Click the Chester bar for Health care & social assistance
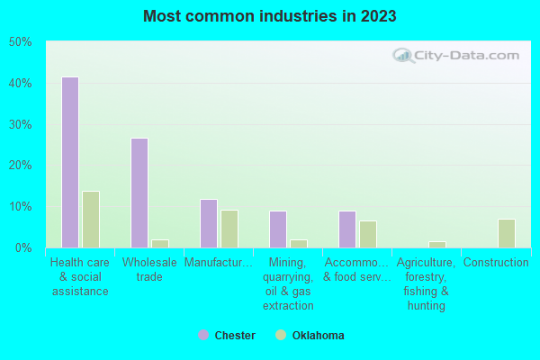tap(69, 162)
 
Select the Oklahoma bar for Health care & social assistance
tap(91, 219)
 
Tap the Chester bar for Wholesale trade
tap(139, 193)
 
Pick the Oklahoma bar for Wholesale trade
tap(160, 243)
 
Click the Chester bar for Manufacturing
tap(209, 223)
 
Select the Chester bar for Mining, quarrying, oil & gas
tap(278, 229)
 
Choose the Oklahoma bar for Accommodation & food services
tap(368, 234)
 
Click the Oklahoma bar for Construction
tap(507, 233)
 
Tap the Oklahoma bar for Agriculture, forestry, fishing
tap(437, 244)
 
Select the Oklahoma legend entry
tap(310, 336)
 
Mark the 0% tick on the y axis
tap(22, 247)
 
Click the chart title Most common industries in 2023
tap(269, 16)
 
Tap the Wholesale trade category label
tap(149, 270)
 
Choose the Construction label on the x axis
tap(496, 263)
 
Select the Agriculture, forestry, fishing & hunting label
tap(427, 284)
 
